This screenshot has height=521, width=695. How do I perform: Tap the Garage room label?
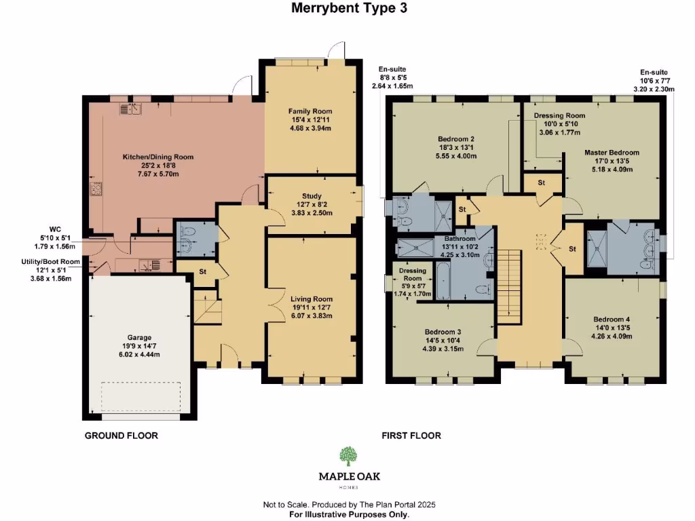coord(138,337)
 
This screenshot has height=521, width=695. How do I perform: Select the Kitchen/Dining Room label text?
coord(157,157)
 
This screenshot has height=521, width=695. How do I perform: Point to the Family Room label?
coord(310,111)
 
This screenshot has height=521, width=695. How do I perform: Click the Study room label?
coord(312,196)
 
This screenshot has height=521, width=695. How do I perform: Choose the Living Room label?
coord(312,298)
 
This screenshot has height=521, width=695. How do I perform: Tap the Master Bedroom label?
coord(612,153)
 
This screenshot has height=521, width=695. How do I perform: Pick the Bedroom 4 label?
coord(612,319)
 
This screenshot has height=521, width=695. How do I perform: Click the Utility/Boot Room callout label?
coord(50,261)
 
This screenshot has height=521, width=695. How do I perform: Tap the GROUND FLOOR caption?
coord(121,436)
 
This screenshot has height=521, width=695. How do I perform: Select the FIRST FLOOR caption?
coord(411,436)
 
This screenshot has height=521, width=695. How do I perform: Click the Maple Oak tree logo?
coord(349,456)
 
